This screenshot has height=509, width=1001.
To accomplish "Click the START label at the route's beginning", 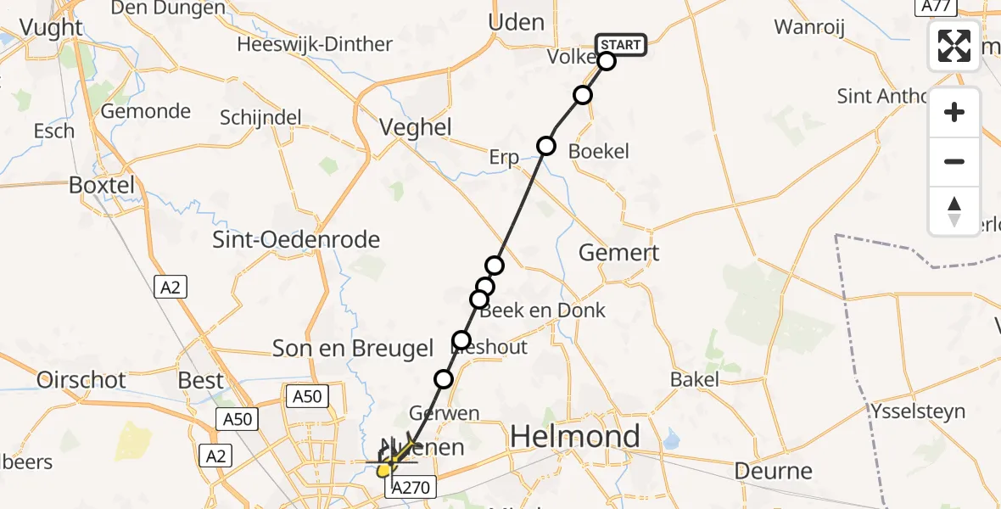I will tap(621, 44).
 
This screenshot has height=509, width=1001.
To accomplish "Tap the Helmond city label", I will tap(575, 437).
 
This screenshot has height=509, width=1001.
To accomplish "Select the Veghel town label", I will tap(415, 128).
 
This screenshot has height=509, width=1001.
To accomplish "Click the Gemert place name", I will tap(618, 252).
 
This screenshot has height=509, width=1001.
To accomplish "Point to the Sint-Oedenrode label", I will tap(295, 240).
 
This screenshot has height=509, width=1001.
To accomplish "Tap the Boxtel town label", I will tap(102, 185).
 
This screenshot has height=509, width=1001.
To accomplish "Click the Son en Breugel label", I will tap(353, 348).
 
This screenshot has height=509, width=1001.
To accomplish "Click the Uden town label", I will tap(517, 22).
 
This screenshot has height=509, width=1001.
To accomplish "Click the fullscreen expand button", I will tap(954, 45).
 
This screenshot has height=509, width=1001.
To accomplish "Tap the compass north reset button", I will tap(954, 211).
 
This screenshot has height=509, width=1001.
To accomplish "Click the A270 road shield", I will tap(412, 487).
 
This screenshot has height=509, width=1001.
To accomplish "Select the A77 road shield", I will tap(937, 7).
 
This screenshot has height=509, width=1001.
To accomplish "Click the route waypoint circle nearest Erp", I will tap(546, 146).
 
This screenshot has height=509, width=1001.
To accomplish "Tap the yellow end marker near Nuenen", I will tap(384, 468).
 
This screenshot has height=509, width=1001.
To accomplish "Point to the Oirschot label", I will tap(81, 379).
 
